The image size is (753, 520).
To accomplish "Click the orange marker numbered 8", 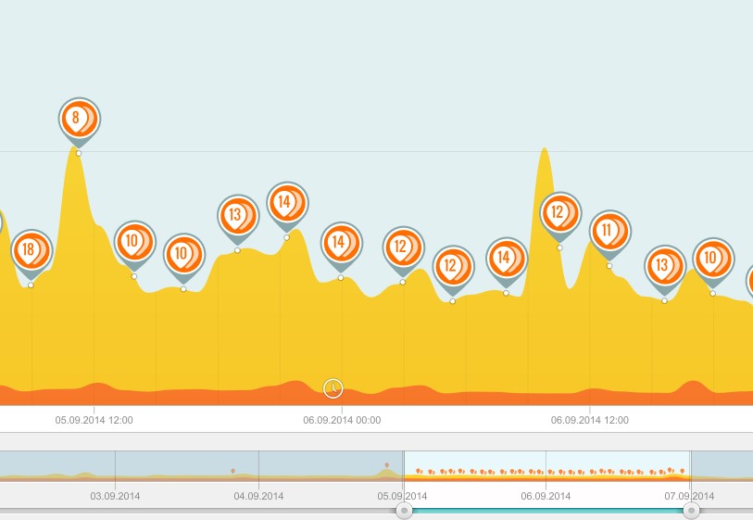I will pos(79,119).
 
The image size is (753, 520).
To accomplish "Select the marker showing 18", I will pos(31,249).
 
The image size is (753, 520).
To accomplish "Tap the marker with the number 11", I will pos(609,230).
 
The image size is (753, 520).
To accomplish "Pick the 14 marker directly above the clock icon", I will pos(341,242).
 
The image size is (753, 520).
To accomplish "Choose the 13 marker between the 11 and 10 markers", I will pos(664,265).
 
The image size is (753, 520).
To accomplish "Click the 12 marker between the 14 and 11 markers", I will pos(559,212).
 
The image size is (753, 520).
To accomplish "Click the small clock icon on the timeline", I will pos(333,388).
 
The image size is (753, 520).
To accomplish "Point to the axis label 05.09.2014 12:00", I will pos(94,420).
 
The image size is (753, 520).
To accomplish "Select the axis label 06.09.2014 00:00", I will pos(342,420).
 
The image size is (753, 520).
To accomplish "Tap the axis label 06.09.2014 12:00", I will pos(590,420).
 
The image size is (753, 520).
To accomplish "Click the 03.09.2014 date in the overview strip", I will pos(115,496).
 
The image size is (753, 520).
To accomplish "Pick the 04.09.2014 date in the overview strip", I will pos(258,496).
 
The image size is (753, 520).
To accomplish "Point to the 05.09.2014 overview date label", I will pos(402,496).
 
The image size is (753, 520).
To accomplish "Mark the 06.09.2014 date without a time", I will pos(546,496).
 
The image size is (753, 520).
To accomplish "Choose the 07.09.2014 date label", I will pos(689,496).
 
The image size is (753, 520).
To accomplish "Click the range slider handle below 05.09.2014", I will pos(404,511).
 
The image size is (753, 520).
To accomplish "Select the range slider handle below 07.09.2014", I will pos(691,511).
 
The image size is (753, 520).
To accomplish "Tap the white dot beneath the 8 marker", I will pos(79,153).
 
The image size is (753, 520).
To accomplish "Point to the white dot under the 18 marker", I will pos(31,285).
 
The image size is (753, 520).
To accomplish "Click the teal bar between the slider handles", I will pos(546,511).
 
